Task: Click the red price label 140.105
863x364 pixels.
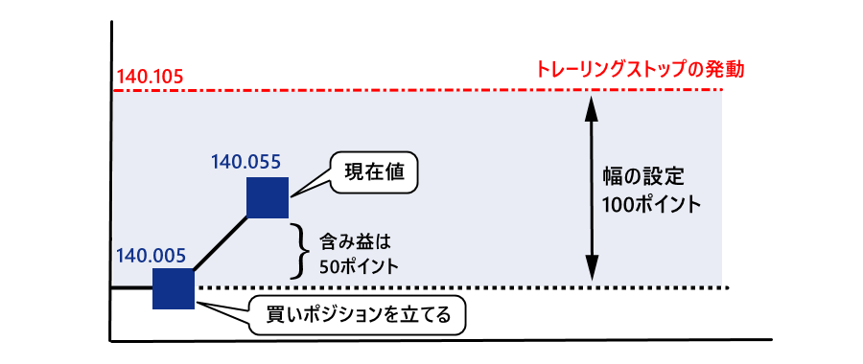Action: pos(149,75)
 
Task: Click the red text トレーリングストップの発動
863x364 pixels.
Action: pos(641,70)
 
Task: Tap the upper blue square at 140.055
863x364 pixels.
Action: pos(268,198)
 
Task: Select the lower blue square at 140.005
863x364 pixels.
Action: pos(174,288)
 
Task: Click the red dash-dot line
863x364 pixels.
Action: pos(431,90)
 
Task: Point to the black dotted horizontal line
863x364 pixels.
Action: pos(479,287)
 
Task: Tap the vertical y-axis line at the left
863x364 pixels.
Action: pos(111,192)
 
